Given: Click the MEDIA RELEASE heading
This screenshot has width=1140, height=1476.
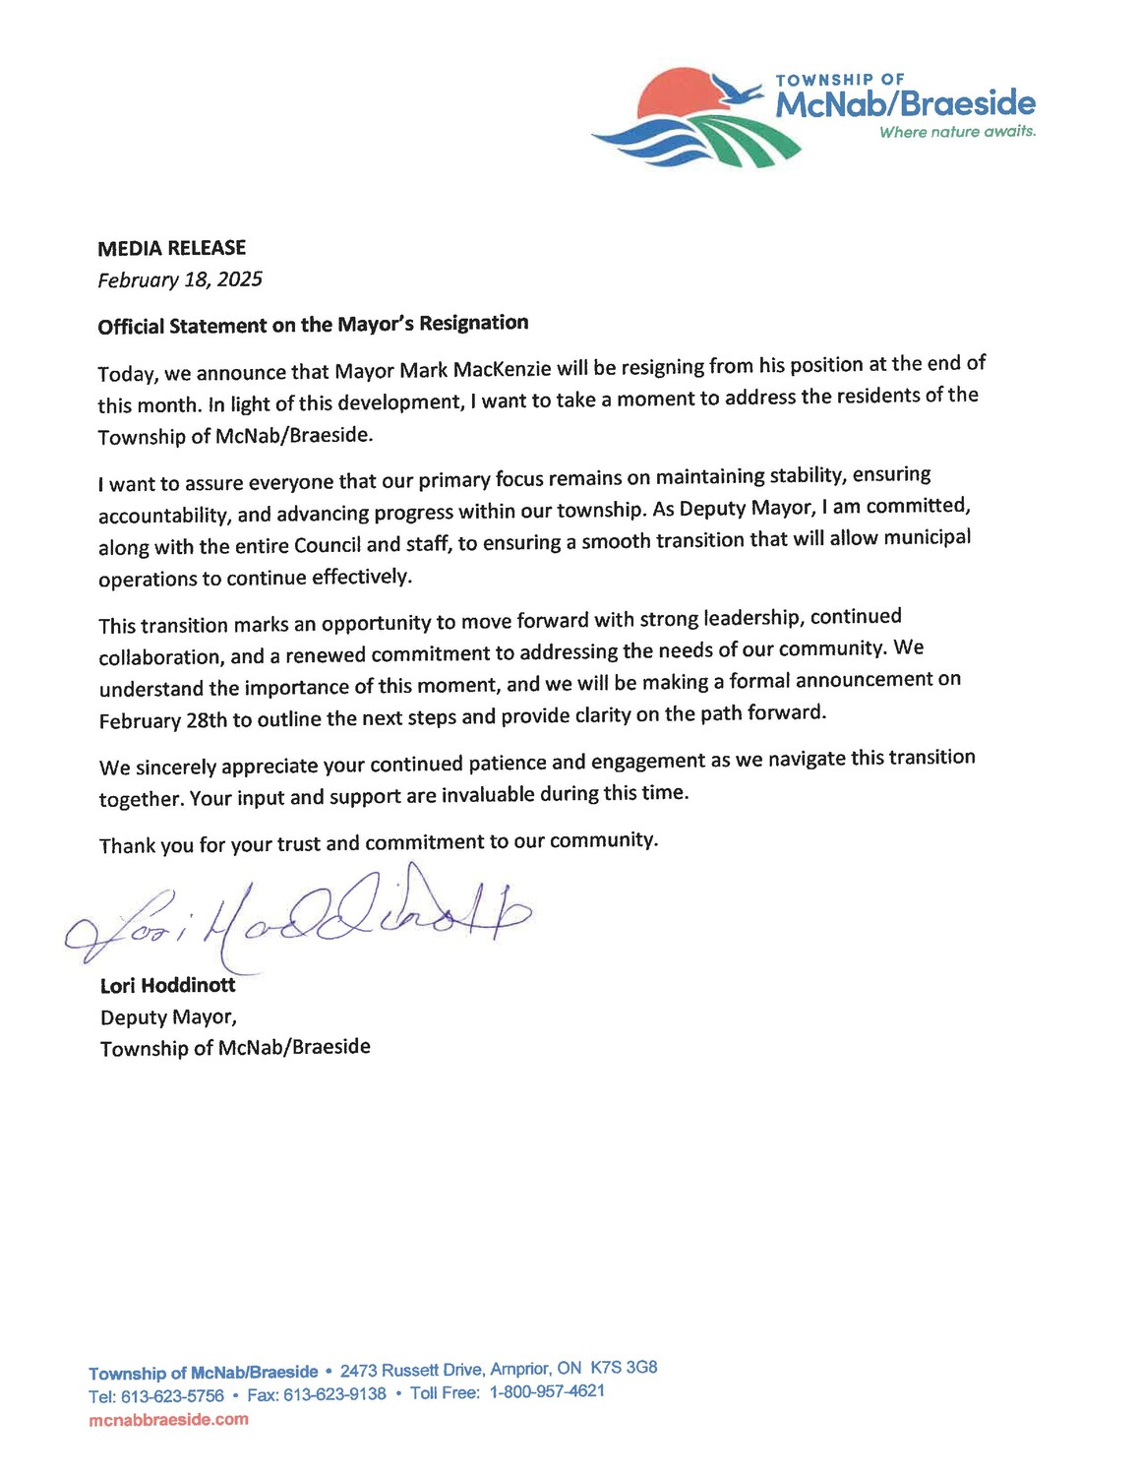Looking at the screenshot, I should pyautogui.click(x=171, y=248).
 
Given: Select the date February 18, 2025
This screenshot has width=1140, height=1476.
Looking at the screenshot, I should pyautogui.click(x=180, y=279).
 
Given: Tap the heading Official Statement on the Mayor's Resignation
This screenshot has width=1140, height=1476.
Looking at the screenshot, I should pyautogui.click(x=313, y=324).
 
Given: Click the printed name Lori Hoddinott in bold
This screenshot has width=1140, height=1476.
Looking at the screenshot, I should pyautogui.click(x=167, y=984).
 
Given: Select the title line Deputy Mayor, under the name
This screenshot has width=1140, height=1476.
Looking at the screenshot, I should pyautogui.click(x=168, y=1016).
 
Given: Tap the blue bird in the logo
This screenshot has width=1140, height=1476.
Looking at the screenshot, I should pyautogui.click(x=738, y=91).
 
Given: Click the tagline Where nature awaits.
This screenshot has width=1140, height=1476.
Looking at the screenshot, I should pyautogui.click(x=957, y=132).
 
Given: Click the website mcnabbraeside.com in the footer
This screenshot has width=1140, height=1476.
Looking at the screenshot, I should pyautogui.click(x=168, y=1419).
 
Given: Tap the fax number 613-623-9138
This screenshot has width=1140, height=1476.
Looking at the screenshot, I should pyautogui.click(x=334, y=1394).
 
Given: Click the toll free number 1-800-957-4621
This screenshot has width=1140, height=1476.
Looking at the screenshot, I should pyautogui.click(x=547, y=1391).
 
